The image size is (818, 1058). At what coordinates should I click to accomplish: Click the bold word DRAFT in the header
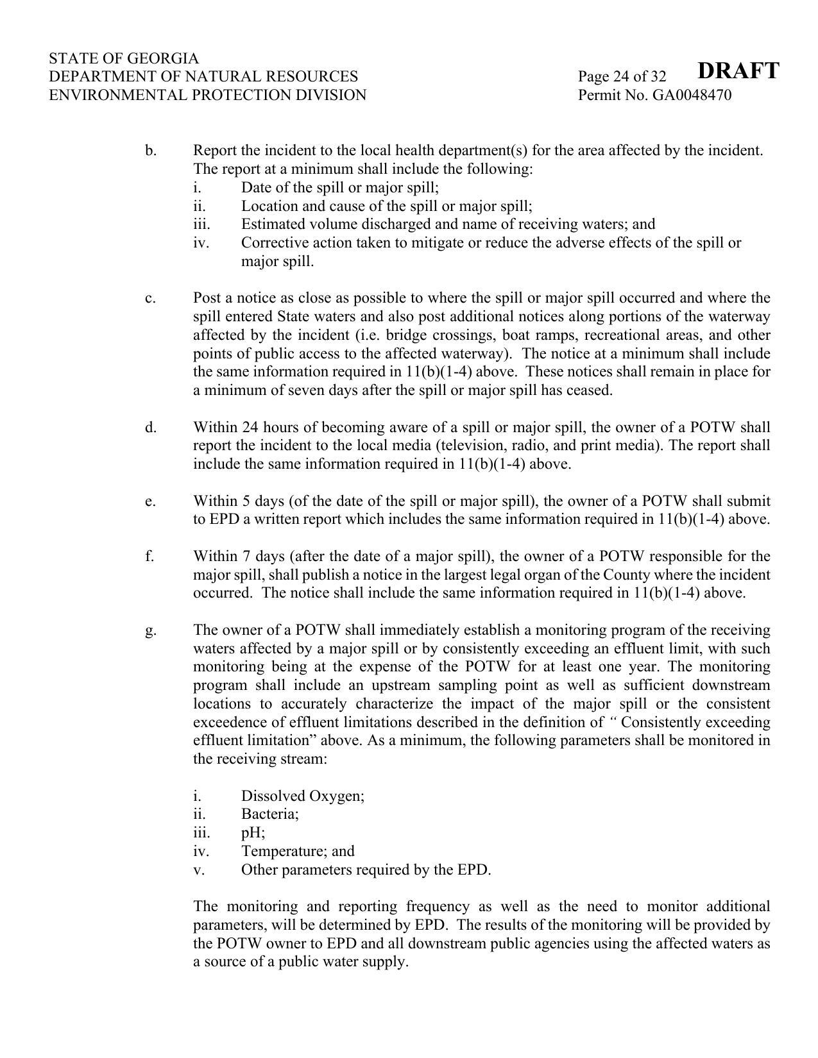pyautogui.click(x=738, y=71)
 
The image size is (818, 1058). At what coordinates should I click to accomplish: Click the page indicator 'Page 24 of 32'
pyautogui.click(x=622, y=77)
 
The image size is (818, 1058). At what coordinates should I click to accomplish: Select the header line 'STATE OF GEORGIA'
pyautogui.click(x=124, y=58)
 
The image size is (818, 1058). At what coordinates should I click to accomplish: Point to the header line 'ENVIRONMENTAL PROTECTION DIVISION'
pyautogui.click(x=207, y=96)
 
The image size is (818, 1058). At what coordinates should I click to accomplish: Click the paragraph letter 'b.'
pyautogui.click(x=151, y=151)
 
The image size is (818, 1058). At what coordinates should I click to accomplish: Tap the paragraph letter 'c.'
pyautogui.click(x=150, y=298)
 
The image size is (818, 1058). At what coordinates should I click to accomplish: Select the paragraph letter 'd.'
pyautogui.click(x=151, y=427)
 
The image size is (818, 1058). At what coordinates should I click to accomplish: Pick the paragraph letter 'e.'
pyautogui.click(x=150, y=501)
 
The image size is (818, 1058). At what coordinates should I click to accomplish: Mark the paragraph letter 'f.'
pyautogui.click(x=149, y=556)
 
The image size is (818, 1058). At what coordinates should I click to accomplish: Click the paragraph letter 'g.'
pyautogui.click(x=151, y=630)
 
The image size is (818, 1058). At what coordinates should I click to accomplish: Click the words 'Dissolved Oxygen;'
pyautogui.click(x=303, y=796)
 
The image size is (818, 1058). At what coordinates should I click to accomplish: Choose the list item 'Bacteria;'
pyautogui.click(x=270, y=814)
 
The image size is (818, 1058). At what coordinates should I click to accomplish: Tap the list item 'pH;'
pyautogui.click(x=253, y=833)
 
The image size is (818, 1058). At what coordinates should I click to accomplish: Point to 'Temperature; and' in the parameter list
pyautogui.click(x=298, y=851)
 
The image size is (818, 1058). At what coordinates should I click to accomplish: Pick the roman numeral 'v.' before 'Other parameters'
pyautogui.click(x=198, y=870)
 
